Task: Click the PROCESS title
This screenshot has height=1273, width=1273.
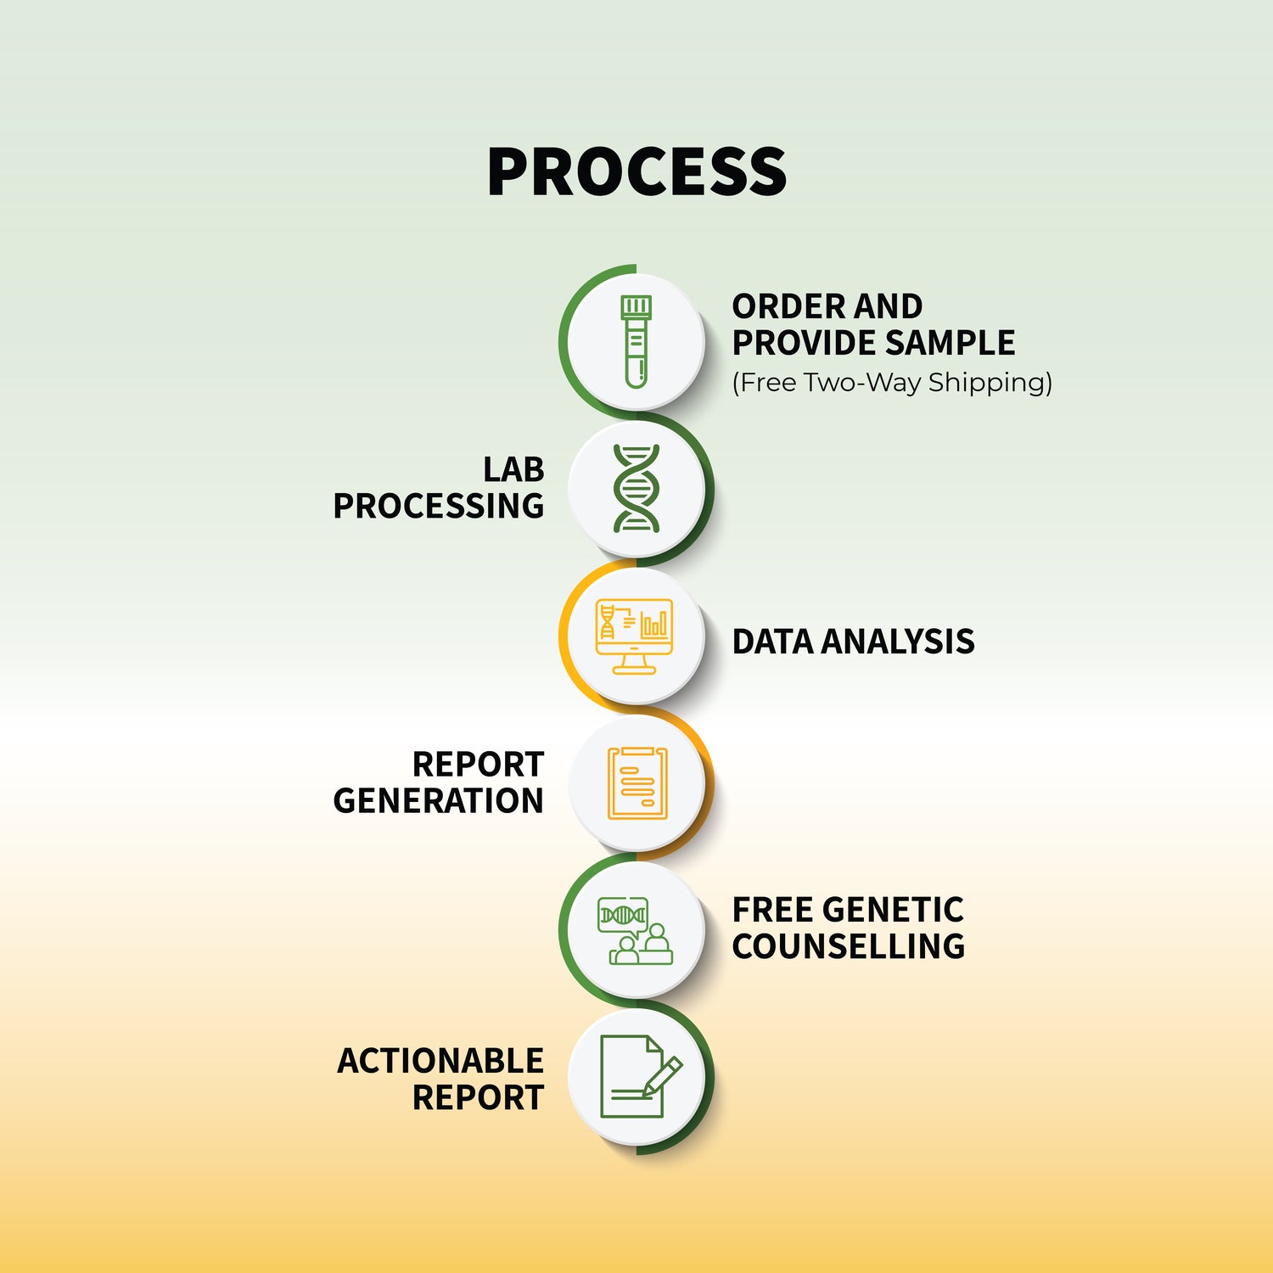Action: pyautogui.click(x=636, y=171)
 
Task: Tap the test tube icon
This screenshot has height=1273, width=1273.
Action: pyautogui.click(x=636, y=341)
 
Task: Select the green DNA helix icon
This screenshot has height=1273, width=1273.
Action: pyautogui.click(x=636, y=488)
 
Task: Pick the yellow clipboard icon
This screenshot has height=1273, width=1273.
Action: pyautogui.click(x=637, y=783)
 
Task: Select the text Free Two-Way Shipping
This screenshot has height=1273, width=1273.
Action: pyautogui.click(x=892, y=383)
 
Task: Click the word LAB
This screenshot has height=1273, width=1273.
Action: pyautogui.click(x=513, y=469)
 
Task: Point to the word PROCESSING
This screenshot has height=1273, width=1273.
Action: pyautogui.click(x=438, y=506)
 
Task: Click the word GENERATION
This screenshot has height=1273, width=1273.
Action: pyautogui.click(x=438, y=800)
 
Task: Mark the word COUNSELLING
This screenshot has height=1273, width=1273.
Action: pyautogui.click(x=849, y=946)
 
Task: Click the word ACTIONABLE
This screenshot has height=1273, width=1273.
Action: pyautogui.click(x=440, y=1061)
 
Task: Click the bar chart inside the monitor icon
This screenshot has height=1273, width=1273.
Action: pyautogui.click(x=654, y=625)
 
